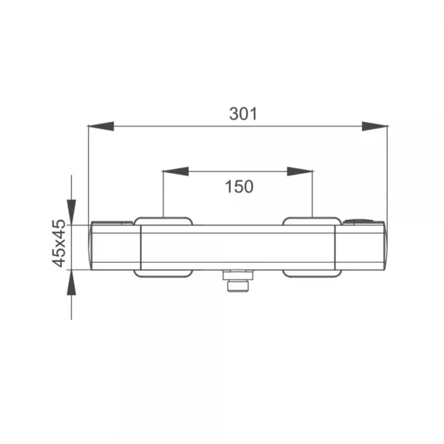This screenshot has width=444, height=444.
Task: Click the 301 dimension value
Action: pos(243,114)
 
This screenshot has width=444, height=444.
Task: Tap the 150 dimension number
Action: pos(239,187)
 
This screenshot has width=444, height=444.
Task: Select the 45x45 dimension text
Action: pos(59,243)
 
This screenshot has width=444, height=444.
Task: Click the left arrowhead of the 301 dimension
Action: pos(101,127)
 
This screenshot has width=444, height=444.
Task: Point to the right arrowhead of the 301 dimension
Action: pos(374,127)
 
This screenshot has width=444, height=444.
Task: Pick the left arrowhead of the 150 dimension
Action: pos(176,172)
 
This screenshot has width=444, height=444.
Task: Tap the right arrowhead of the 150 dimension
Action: pos(300,172)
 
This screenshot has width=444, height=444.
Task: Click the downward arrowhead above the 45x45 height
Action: pos(71,212)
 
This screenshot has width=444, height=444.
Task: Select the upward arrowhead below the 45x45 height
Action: pos(71,283)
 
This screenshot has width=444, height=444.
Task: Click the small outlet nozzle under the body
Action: pos(238,286)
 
